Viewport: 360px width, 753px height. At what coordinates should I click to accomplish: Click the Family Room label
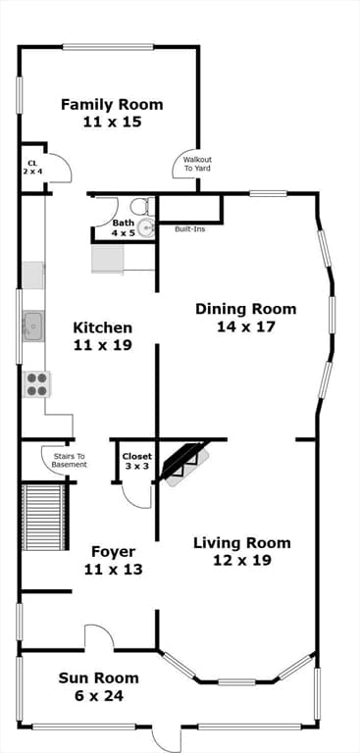[112, 113]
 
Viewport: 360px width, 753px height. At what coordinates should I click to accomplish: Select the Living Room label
[241, 551]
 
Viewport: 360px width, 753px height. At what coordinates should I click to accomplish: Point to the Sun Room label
[98, 686]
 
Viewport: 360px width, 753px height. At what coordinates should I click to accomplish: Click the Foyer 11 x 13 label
[113, 560]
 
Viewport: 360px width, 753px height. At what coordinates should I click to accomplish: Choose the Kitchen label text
[103, 335]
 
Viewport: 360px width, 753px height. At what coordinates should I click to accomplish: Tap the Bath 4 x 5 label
[123, 227]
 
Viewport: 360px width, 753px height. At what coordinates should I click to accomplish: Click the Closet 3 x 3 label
[136, 461]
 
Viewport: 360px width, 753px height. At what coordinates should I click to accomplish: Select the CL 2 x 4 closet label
[32, 167]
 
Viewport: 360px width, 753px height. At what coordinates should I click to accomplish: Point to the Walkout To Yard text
[196, 164]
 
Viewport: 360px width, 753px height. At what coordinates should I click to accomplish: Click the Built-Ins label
[189, 229]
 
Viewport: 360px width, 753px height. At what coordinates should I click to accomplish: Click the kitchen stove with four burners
[36, 383]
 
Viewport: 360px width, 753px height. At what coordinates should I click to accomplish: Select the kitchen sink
[33, 324]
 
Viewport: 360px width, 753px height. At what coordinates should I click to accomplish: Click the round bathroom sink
[145, 228]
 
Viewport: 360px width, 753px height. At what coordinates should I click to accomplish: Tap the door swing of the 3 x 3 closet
[135, 490]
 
